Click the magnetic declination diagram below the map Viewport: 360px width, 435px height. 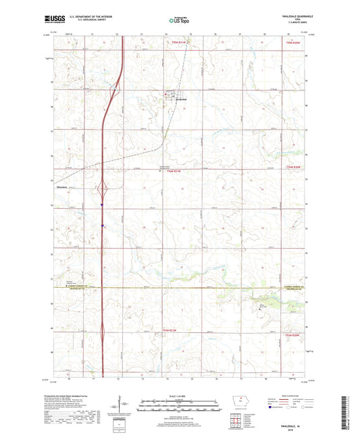point(124,405)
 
